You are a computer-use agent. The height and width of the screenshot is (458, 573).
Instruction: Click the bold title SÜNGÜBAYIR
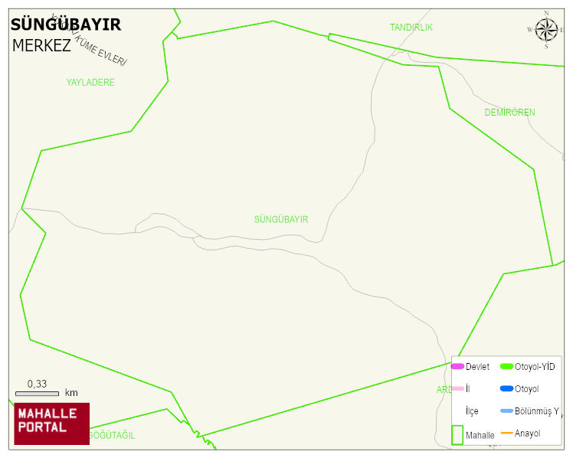coord(66,25)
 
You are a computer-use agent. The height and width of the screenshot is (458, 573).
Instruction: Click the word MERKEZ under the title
coord(41,45)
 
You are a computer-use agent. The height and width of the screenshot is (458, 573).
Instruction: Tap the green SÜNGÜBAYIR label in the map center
coord(281,220)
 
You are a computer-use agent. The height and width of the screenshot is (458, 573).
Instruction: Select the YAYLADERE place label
coord(90,82)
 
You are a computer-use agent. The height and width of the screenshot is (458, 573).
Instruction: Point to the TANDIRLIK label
coord(411,28)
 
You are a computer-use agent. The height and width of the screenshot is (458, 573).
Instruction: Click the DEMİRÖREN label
coord(509,113)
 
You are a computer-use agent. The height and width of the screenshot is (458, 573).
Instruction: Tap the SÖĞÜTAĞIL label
coord(112,436)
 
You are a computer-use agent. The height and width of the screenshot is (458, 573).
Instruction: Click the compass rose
coord(546,30)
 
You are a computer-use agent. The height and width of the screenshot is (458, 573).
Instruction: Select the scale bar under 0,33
coord(37,393)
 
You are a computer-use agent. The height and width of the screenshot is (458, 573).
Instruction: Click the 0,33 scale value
coord(37,384)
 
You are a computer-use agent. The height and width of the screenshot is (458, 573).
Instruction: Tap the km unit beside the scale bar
coord(71,393)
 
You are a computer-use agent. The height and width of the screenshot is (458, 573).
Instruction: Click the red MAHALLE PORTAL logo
coord(51,424)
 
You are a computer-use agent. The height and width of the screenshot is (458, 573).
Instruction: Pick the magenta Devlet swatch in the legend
coord(457,367)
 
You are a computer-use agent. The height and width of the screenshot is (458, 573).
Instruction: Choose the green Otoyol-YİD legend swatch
coord(506,367)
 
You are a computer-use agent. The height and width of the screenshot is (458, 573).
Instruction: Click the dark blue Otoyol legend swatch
coord(506,388)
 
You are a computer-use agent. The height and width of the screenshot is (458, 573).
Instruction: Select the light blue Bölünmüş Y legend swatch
coord(506,411)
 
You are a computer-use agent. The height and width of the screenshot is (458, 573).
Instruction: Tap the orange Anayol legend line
coord(506,433)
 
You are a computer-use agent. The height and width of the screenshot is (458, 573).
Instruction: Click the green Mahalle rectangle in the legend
coord(457,434)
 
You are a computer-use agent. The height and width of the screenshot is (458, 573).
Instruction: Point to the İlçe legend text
coord(472,411)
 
